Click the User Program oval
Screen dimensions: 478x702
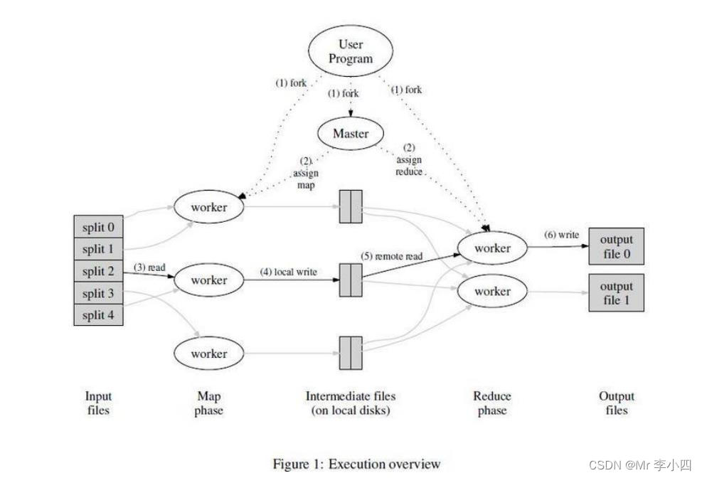point(351,51)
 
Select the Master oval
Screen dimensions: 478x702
point(351,133)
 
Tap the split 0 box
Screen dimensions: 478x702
point(98,228)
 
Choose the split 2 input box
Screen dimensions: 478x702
point(98,271)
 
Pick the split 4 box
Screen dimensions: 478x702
point(98,314)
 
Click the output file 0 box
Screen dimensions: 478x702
point(616,246)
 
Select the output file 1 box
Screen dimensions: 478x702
point(616,292)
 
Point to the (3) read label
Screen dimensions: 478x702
point(149,267)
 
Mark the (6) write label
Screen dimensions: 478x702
point(561,235)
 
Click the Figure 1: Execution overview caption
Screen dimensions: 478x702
point(356,464)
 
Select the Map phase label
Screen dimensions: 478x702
point(208,403)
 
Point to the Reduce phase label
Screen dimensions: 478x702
point(492,403)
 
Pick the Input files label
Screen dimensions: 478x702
point(98,403)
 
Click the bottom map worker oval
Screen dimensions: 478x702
point(208,354)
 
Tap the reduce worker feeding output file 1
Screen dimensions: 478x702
point(492,291)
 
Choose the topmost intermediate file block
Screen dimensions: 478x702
point(351,206)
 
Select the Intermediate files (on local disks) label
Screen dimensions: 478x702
point(351,403)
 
